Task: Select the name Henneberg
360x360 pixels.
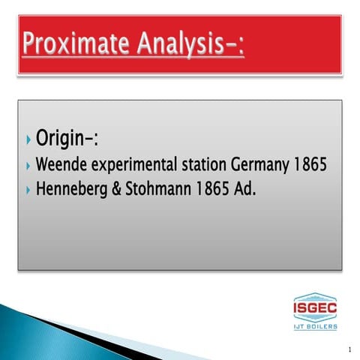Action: (x=70, y=189)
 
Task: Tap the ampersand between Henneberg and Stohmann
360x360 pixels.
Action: (x=115, y=189)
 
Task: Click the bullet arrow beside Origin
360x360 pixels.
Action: (x=28, y=140)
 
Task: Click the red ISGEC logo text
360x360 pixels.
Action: (x=315, y=307)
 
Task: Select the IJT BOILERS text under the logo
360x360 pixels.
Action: (x=315, y=326)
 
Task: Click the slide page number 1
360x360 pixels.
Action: (x=349, y=349)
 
